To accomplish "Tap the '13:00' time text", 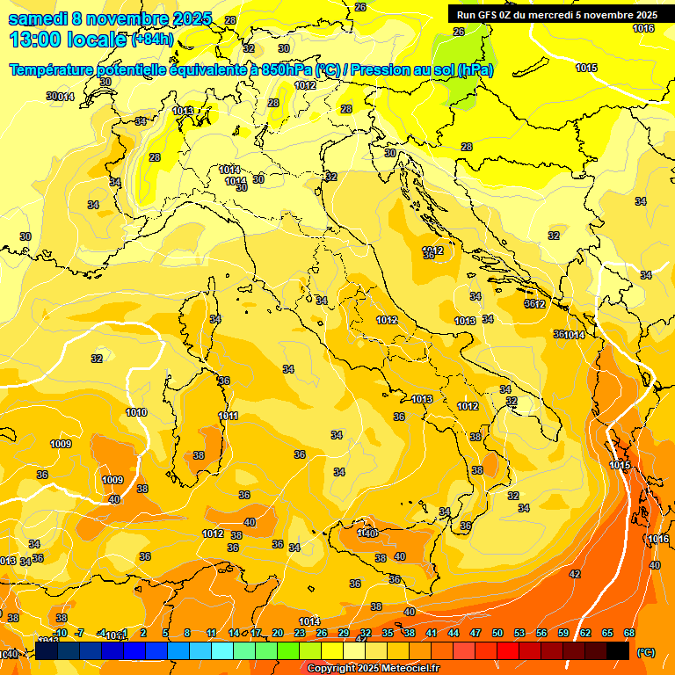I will tap(33, 40).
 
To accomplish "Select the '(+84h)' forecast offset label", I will tap(152, 40).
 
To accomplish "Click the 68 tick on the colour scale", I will tap(629, 633).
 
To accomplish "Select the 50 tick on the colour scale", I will tap(497, 633).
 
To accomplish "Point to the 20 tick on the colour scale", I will tap(278, 633).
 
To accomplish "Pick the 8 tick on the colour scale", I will tap(187, 633).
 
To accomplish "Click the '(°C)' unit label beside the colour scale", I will tap(646, 652).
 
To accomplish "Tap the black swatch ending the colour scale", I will tap(618, 650).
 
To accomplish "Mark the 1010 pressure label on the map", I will tap(136, 412).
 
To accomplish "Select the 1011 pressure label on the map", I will tap(229, 416).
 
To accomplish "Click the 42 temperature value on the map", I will tap(575, 574).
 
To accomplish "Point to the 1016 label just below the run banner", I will tap(643, 28).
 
